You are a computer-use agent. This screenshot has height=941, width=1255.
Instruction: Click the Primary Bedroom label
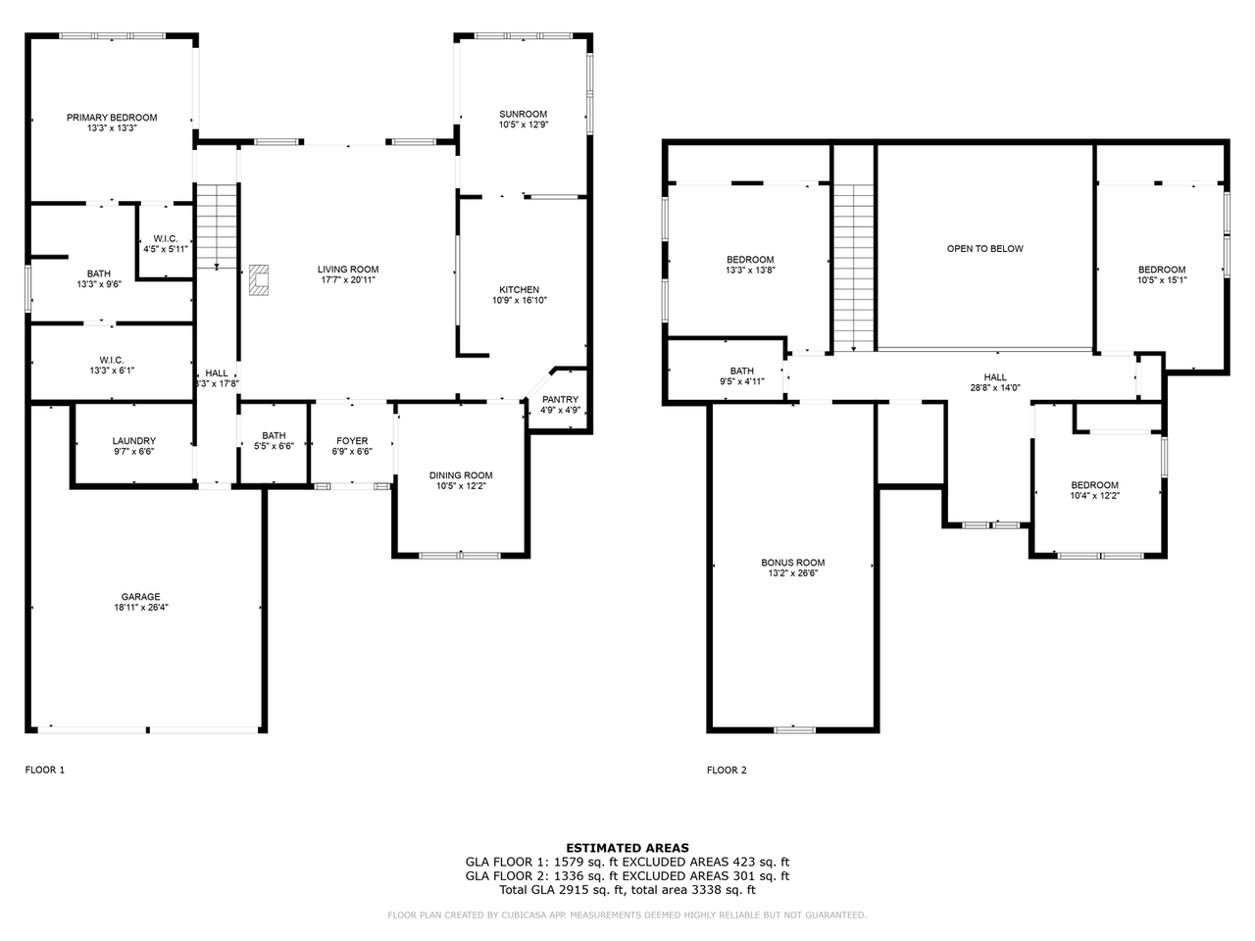(x=111, y=118)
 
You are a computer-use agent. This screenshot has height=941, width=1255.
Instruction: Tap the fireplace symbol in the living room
(x=259, y=279)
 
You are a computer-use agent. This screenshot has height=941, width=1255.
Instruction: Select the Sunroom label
(x=523, y=115)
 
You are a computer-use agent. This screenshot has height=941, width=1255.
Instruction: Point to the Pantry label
(x=560, y=400)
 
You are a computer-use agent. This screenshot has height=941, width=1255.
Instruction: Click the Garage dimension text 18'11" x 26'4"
(x=140, y=607)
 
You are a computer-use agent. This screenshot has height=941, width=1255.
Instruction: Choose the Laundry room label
(x=133, y=441)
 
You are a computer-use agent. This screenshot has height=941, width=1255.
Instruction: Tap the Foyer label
(x=352, y=441)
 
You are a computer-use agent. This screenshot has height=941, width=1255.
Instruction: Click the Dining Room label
(x=461, y=475)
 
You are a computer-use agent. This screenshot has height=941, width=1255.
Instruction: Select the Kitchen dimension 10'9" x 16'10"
(x=519, y=300)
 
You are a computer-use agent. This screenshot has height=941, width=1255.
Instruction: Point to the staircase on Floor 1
(x=216, y=225)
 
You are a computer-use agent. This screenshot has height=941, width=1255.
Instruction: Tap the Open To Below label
(x=984, y=249)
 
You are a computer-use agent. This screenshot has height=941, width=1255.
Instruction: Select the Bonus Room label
(x=792, y=563)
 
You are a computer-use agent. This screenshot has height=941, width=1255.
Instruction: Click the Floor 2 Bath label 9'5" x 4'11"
(x=741, y=376)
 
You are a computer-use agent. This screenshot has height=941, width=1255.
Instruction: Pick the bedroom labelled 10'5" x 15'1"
(x=1161, y=274)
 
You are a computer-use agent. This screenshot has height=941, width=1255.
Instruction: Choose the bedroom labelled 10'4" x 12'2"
(x=1094, y=490)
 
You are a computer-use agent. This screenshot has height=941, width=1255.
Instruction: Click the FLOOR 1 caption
(x=44, y=770)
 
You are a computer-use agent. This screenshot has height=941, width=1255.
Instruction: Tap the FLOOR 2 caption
(x=727, y=770)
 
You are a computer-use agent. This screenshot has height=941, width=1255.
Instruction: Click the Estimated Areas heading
(x=627, y=848)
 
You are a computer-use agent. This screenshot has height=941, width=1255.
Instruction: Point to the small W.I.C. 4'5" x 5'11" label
(x=165, y=244)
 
